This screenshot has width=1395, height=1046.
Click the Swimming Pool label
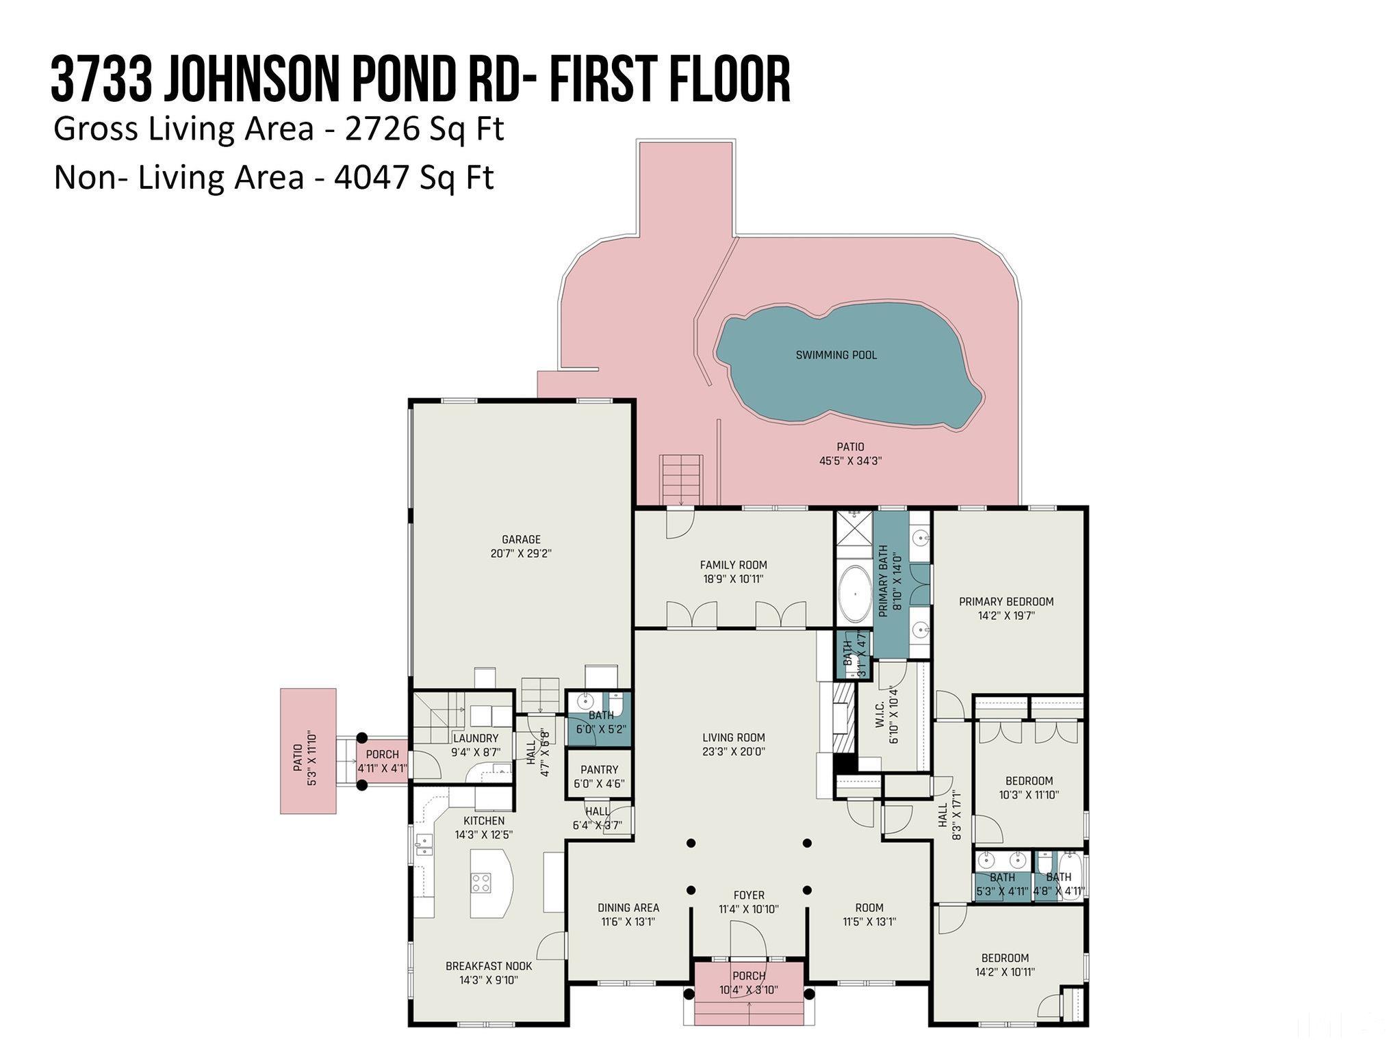click(x=836, y=355)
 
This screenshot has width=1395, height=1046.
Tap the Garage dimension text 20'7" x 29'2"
click(x=521, y=553)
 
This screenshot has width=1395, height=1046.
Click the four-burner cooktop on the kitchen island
click(x=481, y=882)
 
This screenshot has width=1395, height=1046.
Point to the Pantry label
click(x=599, y=770)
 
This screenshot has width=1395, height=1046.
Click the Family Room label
click(x=733, y=565)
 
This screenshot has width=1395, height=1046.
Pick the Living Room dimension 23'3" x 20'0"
click(x=733, y=751)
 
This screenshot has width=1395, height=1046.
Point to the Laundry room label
click(x=475, y=739)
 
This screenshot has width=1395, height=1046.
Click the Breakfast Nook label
click(x=488, y=966)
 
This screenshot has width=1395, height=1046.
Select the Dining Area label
click(x=628, y=908)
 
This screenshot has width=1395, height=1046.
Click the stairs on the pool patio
click(x=681, y=479)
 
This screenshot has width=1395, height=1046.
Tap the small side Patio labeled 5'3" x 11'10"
click(x=308, y=750)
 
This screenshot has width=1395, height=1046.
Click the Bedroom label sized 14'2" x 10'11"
click(x=1005, y=958)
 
